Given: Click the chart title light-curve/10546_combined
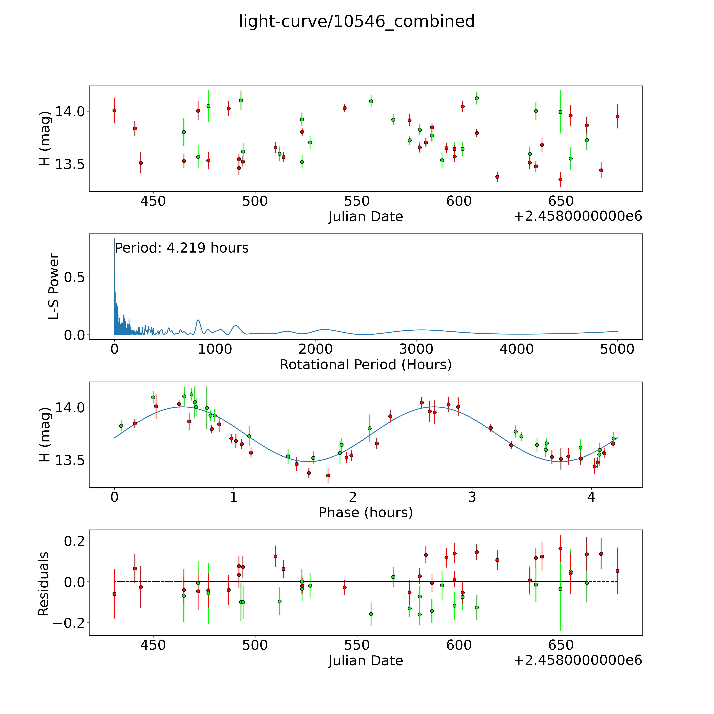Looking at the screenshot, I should tap(357, 21).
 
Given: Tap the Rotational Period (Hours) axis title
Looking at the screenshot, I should tap(365, 365).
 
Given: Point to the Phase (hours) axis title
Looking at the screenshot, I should tap(365, 513).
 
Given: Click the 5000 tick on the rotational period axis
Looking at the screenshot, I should tap(617, 349).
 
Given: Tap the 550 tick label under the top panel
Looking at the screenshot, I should tap(357, 201).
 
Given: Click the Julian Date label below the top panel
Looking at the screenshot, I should tap(365, 217).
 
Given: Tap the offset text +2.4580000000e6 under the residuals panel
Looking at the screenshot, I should tap(578, 660).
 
